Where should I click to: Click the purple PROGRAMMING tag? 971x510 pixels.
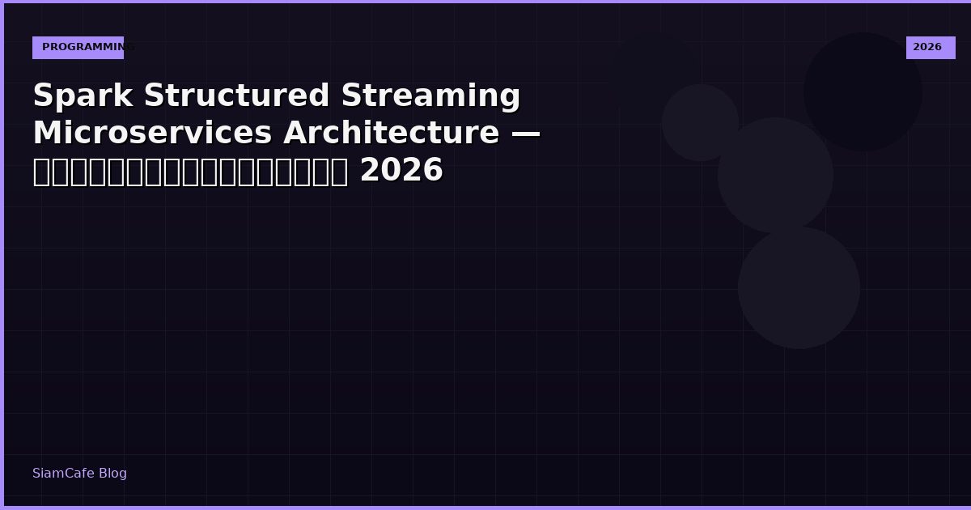78,48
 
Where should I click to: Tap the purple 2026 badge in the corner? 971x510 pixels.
930,48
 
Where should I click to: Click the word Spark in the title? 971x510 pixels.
83,96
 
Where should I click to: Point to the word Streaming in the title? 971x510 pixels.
430,96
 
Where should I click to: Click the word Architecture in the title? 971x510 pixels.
390,134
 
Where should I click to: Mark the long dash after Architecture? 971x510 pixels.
526,134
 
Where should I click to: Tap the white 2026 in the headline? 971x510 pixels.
401,171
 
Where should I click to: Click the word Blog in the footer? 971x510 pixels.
113,474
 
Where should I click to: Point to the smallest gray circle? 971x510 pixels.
700,122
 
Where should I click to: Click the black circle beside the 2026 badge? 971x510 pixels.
863,91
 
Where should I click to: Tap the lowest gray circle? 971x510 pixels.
799,287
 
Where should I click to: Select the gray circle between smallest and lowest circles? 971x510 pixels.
775,175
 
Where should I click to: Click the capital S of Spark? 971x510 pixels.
43,96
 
